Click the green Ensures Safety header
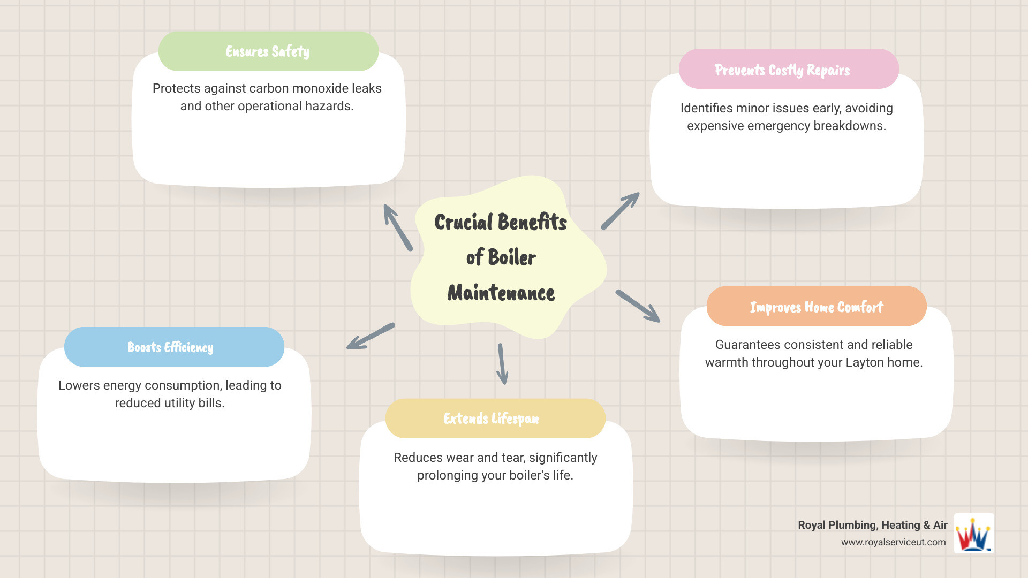268,51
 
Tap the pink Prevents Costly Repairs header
788,70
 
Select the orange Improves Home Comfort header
816,307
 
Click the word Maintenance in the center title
501,293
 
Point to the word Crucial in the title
463,222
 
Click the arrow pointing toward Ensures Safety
398,227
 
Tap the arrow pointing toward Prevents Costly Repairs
620,211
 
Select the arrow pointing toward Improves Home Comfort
638,306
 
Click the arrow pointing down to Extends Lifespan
502,364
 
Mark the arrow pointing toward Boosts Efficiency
371,337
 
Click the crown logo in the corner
974,534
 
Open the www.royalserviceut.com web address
893,542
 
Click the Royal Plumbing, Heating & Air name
872,525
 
